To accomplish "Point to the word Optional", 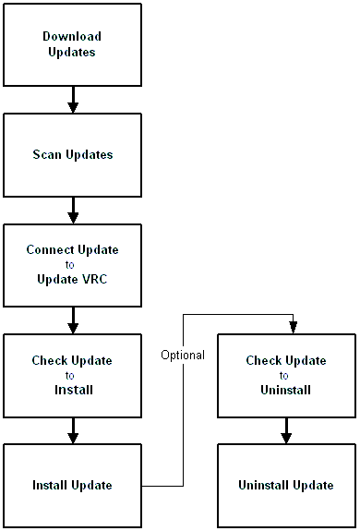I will tap(183, 355).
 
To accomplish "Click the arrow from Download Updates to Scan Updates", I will tap(73, 99).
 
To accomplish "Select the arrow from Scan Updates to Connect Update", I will tap(73, 210).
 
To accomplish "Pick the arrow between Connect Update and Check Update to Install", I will tap(73, 320).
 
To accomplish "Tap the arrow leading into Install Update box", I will tap(73, 430).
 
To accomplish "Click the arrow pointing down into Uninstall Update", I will tap(286, 430).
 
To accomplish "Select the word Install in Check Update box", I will tap(73, 390).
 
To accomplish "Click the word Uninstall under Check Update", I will tap(285, 390).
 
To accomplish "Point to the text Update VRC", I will tap(72, 279).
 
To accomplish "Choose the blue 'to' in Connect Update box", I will tap(72, 264).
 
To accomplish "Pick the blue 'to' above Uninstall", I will tap(284, 375).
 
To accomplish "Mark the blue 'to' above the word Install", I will tap(72, 375).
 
